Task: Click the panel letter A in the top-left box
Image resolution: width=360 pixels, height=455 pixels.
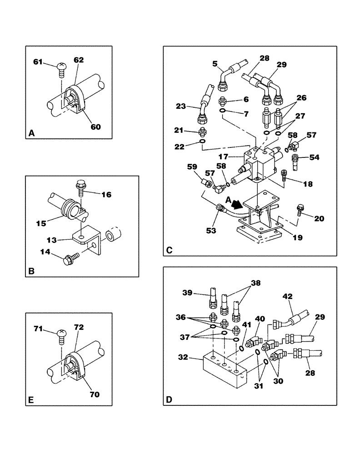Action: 31,133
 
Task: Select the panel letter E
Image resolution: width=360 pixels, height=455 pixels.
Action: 31,400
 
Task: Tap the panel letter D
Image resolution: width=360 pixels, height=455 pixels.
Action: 169,400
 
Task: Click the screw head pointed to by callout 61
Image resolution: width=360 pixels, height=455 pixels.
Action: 62,68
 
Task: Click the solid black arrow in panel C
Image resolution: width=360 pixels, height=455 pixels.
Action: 236,200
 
